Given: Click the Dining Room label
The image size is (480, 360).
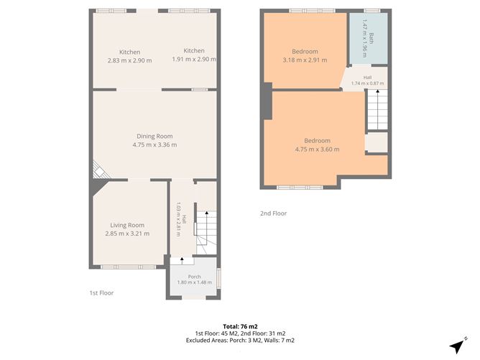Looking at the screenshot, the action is click(x=154, y=137).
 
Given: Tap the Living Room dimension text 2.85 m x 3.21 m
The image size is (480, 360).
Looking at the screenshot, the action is click(x=127, y=234).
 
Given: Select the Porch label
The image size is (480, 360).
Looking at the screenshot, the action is click(x=195, y=277).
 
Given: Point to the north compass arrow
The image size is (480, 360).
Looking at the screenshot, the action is click(x=458, y=346).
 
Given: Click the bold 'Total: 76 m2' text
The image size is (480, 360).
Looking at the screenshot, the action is click(x=240, y=327).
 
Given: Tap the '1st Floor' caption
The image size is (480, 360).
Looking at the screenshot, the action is click(x=101, y=293).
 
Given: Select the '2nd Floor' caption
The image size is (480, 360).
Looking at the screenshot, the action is click(x=273, y=213).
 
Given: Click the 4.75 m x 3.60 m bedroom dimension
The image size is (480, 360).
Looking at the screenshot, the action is click(x=317, y=149).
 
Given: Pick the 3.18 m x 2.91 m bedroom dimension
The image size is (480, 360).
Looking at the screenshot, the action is click(x=305, y=60).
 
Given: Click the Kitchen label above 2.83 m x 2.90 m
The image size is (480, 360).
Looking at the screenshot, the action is click(x=130, y=52).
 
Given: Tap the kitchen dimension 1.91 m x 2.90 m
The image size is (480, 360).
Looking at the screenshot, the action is click(x=194, y=59).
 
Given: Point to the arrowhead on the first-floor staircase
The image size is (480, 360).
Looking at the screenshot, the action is click(x=207, y=213).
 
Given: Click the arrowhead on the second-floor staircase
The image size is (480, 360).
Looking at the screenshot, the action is click(x=377, y=91).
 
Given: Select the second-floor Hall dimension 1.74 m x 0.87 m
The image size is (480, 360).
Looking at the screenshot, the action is click(x=367, y=83).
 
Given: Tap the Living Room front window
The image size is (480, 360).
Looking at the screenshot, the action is click(x=129, y=267).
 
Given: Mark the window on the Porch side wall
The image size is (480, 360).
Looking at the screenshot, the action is click(x=218, y=278).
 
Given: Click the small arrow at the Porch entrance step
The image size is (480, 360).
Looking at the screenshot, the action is click(x=182, y=259).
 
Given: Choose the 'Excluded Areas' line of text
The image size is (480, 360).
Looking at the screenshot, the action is click(x=240, y=340).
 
